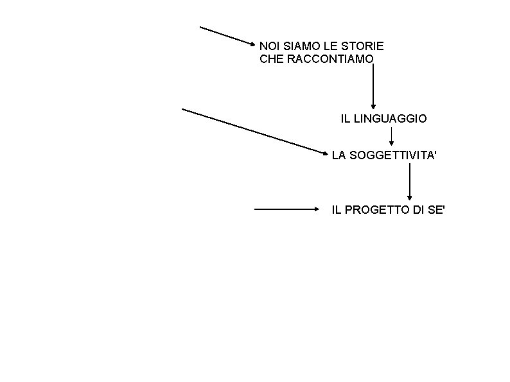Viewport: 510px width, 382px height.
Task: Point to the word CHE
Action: (x=270, y=59)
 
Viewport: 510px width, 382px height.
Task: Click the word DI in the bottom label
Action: (x=418, y=209)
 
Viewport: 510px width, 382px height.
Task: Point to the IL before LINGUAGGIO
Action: (x=344, y=119)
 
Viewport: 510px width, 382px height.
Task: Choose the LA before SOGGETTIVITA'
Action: (x=338, y=155)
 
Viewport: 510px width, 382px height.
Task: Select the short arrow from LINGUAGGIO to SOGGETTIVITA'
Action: (x=391, y=135)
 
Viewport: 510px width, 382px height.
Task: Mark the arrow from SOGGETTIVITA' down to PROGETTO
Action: (x=409, y=181)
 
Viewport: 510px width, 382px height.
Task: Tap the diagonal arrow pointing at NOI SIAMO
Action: (x=228, y=36)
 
